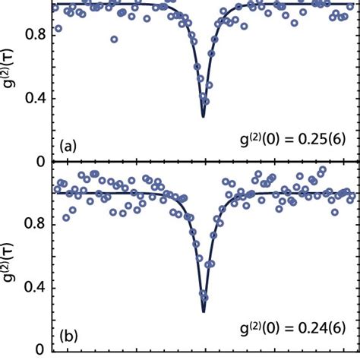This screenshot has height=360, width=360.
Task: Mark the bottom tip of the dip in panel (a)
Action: [x=203, y=116]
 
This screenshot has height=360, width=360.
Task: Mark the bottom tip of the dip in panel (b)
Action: [x=204, y=311]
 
